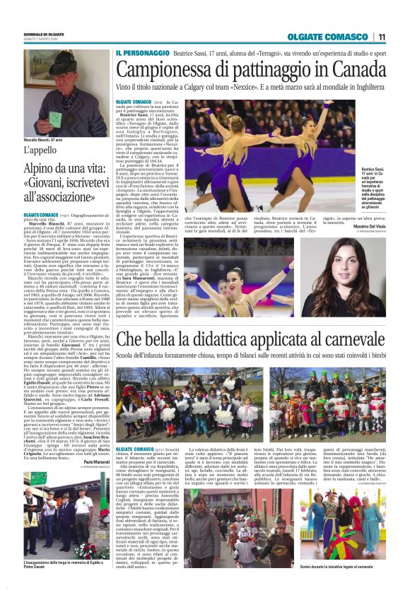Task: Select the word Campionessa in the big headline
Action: [x=160, y=70]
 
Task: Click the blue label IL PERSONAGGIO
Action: [x=141, y=53]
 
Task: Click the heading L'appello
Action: [x=40, y=151]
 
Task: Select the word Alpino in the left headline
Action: [x=43, y=169]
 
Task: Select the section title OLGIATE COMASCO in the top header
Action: [x=332, y=37]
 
